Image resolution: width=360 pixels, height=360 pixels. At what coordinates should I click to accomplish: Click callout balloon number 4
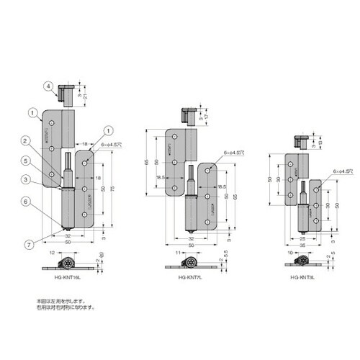pos(49,86)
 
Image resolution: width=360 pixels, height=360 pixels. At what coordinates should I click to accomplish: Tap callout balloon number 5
pos(44,161)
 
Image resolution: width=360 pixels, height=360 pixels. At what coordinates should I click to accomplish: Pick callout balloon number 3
pos(44,180)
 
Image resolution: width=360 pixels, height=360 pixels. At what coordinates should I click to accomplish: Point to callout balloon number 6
pos(44,204)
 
